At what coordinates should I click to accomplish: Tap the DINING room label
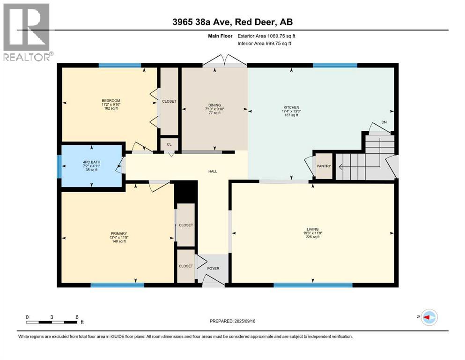pyautogui.click(x=214, y=105)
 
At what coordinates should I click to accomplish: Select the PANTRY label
pyautogui.click(x=324, y=166)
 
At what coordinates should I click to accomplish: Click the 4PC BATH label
pyautogui.click(x=91, y=163)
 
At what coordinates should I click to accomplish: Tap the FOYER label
pyautogui.click(x=213, y=269)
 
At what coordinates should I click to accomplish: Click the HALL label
pyautogui.click(x=213, y=172)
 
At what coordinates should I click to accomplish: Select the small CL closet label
pyautogui.click(x=169, y=144)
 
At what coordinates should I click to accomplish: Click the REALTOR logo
pyautogui.click(x=27, y=32)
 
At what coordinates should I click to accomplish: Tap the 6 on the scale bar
pyautogui.click(x=77, y=316)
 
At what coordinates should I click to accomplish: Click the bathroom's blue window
pyautogui.click(x=59, y=166)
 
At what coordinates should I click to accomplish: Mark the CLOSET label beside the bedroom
pyautogui.click(x=169, y=101)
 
